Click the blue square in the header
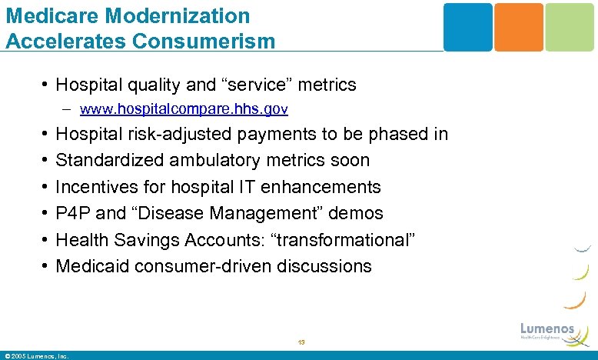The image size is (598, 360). tap(467, 27)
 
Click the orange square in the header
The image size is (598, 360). tap(518, 27)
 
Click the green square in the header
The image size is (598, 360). tap(570, 27)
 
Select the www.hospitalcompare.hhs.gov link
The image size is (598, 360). tap(184, 110)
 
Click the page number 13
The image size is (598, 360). tap(301, 342)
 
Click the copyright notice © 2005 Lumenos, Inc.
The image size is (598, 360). tap(36, 355)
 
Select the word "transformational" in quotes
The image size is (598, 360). tap(347, 240)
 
